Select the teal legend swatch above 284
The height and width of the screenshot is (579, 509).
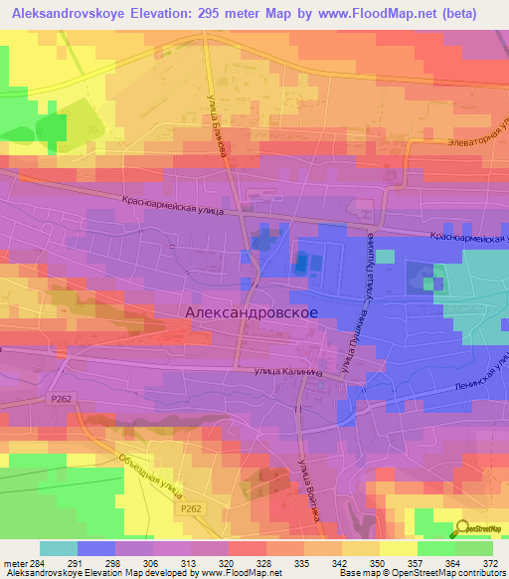pyautogui.click(x=58, y=547)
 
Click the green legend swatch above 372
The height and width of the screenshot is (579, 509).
pyautogui.click(x=474, y=547)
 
